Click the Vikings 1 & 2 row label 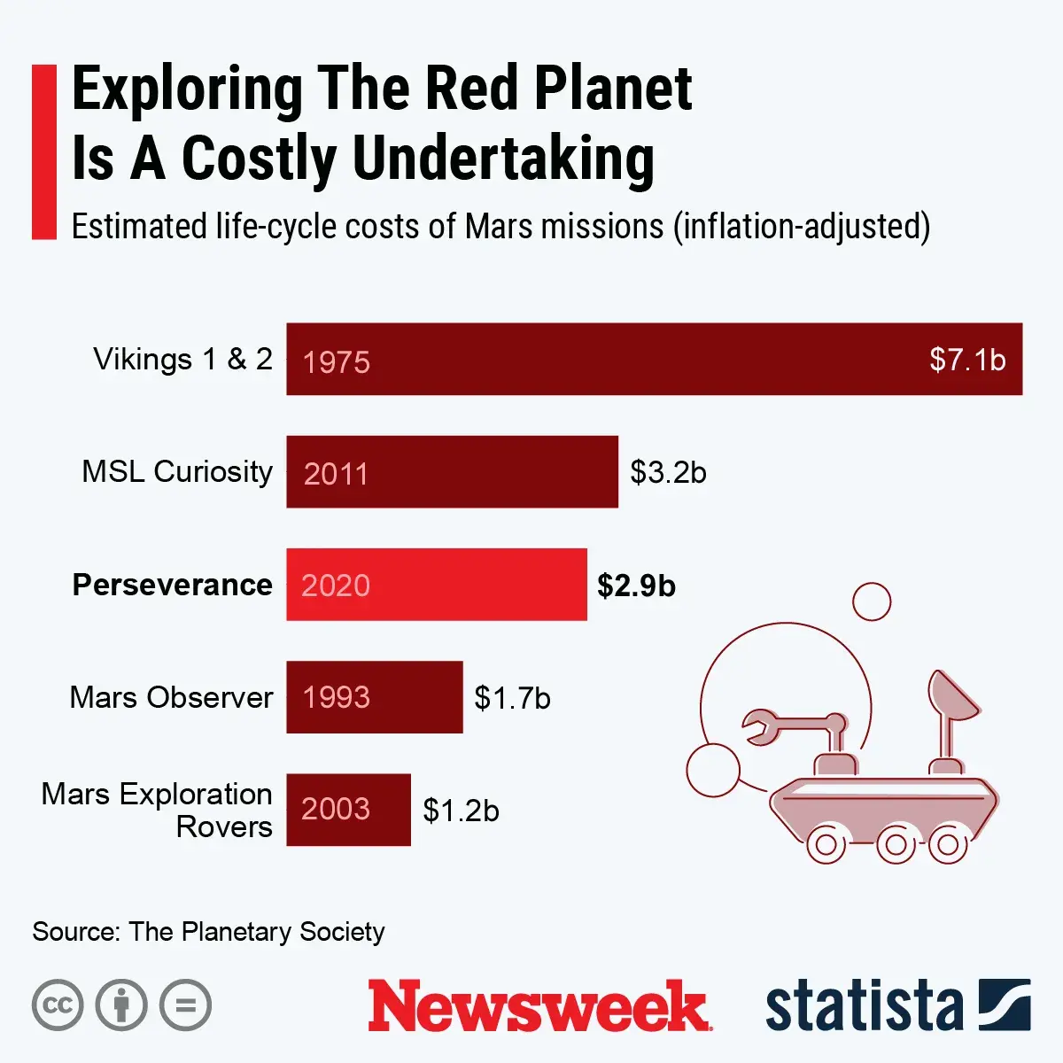point(182,360)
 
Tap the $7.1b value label point(967,360)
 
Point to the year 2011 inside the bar point(336,473)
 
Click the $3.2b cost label point(668,472)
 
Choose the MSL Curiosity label point(177,472)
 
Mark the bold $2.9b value point(636,586)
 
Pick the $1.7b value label point(512,698)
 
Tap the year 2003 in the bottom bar point(336,809)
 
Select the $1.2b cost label point(461,811)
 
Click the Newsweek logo point(539,1006)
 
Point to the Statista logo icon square point(1005,1005)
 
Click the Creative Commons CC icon point(58,1005)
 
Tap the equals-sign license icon point(185,1005)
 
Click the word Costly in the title point(258,159)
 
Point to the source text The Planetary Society point(256,932)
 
